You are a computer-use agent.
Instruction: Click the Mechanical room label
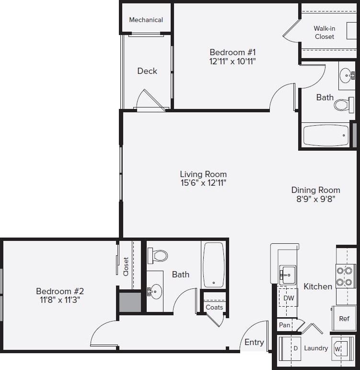click(x=146, y=20)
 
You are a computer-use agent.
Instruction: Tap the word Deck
click(x=147, y=71)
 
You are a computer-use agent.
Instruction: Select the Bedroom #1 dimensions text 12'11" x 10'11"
click(x=233, y=61)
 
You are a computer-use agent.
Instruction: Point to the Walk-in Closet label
click(x=325, y=33)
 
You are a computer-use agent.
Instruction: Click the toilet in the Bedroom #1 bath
click(x=342, y=105)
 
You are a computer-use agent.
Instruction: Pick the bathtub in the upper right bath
click(x=326, y=135)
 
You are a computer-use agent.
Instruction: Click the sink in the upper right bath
click(x=346, y=75)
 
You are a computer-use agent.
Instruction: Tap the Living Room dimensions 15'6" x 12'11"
click(x=203, y=183)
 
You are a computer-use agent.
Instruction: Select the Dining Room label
click(x=315, y=190)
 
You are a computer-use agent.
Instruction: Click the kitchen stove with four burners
click(x=345, y=276)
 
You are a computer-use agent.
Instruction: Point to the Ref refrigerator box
click(x=344, y=319)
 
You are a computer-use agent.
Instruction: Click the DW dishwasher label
click(x=288, y=298)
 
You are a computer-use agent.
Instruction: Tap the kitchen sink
click(x=287, y=275)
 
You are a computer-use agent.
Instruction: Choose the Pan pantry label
click(x=284, y=325)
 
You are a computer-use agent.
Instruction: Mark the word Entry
click(x=254, y=342)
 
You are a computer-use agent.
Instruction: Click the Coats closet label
click(x=214, y=307)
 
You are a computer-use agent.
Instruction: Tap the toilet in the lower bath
click(x=158, y=255)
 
